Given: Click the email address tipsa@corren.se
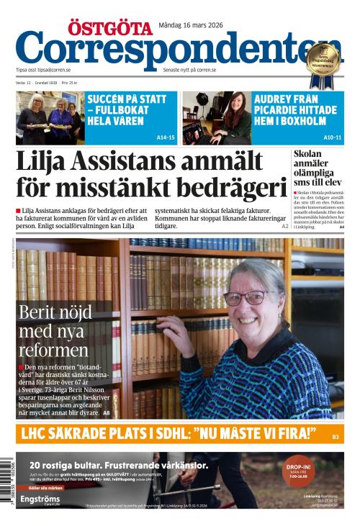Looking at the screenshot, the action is point(54,70).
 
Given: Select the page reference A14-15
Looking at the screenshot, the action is point(166,137).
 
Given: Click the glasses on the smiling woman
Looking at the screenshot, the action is point(246,296).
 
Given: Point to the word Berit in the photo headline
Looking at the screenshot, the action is point(40,312).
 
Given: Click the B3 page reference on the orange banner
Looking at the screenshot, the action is point(336,437).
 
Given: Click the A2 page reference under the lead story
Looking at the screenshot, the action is point(284,226).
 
